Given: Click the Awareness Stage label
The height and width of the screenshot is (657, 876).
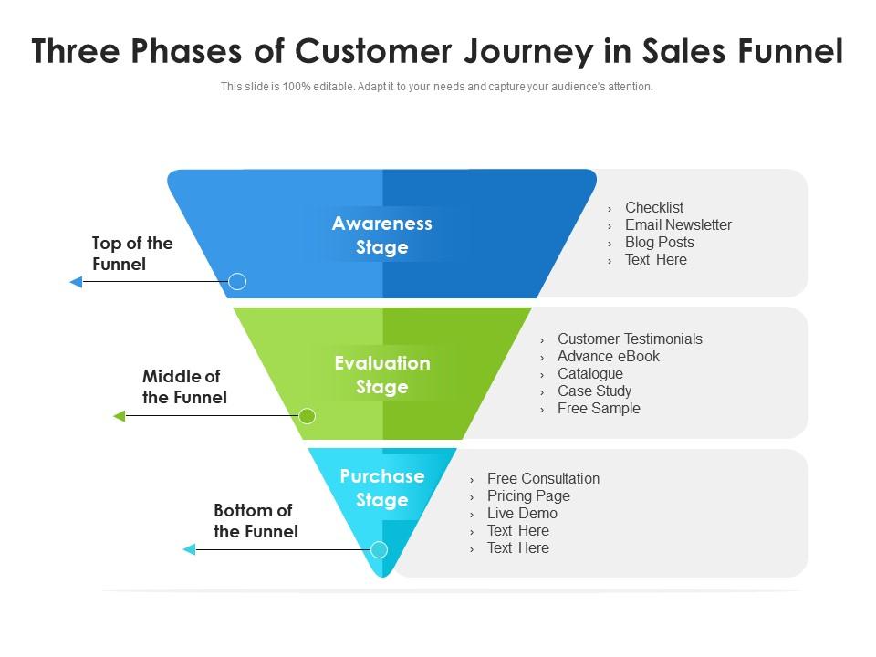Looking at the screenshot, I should [381, 235].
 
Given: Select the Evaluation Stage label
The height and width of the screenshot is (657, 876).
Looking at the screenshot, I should [381, 375].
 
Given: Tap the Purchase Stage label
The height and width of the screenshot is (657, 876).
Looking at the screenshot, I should [381, 488].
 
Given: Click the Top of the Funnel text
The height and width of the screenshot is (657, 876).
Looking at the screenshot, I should [132, 254].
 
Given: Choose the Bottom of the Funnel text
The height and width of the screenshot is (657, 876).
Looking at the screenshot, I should [255, 521].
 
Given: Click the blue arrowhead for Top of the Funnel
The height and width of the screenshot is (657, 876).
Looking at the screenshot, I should [77, 282].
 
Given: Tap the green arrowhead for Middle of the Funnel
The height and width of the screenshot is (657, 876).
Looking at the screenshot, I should [120, 416].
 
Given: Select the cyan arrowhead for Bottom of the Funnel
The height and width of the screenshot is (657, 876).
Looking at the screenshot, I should [190, 549].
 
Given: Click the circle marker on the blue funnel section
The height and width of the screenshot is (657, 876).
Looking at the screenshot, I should [237, 281].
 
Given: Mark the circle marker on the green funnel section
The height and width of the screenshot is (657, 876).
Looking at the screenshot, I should [308, 416].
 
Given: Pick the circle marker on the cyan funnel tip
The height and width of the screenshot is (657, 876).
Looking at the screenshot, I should [379, 549].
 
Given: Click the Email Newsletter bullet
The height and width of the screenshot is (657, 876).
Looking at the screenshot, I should [678, 225].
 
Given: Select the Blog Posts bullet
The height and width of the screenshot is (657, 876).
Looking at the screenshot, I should [659, 243].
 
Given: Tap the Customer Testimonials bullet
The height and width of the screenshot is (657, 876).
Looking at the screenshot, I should [630, 339].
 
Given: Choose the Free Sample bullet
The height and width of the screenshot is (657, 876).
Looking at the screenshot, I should [599, 409].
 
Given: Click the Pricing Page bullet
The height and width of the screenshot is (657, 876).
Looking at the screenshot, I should [528, 496].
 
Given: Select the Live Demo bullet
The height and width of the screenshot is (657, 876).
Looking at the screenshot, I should [522, 514].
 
